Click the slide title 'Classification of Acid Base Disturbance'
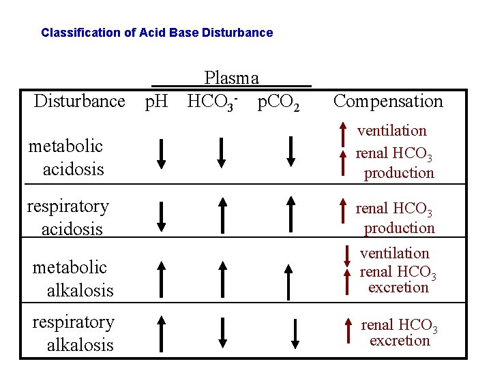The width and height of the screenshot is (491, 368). coord(157,33)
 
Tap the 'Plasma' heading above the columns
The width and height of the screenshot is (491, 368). coord(231,78)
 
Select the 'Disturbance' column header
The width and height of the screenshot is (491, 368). coord(80,102)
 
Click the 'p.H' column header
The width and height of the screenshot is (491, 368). coord(157,102)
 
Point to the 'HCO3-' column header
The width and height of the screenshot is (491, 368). coord(212,102)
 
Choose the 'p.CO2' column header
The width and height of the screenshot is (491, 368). coord(278,102)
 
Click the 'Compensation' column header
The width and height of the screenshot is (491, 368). coord(388,102)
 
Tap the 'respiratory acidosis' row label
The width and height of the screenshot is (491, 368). coord(68,217)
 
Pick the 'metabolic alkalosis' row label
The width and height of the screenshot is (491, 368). coord(73,278)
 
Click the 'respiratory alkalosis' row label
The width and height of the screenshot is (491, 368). coord(73,333)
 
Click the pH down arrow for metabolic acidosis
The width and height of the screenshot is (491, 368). coord(161,153)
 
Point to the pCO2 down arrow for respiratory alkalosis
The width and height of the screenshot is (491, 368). coord(295,333)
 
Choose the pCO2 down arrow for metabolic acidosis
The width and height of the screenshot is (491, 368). coord(291,151)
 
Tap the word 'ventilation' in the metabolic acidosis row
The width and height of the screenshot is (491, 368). coord(393,131)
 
